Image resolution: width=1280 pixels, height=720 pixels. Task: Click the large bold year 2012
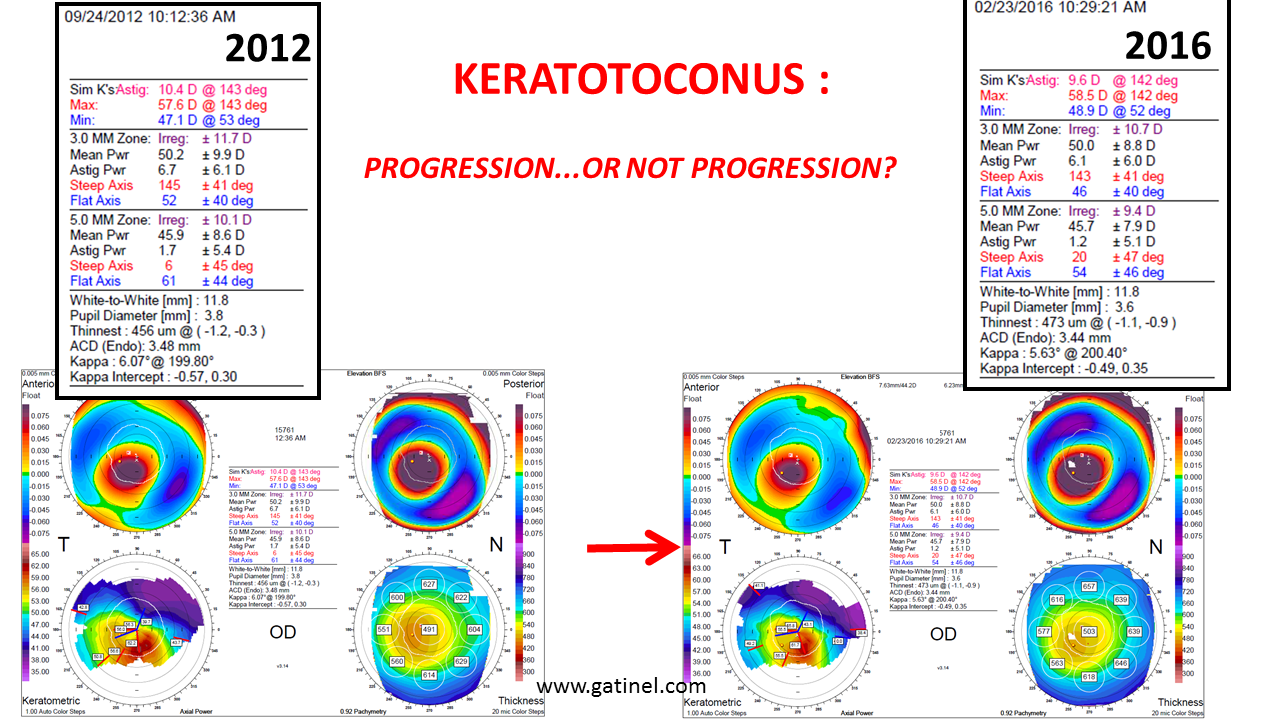click(267, 48)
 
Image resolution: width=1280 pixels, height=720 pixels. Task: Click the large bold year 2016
click(1167, 45)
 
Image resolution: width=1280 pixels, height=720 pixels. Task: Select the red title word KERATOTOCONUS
click(641, 80)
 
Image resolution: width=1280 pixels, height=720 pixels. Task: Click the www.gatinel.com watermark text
click(621, 686)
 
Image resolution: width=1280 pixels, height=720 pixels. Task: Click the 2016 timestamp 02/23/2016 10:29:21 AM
click(1060, 7)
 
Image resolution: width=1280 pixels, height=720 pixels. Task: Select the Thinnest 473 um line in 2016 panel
click(1079, 322)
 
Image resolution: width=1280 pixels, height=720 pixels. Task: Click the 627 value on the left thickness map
click(429, 584)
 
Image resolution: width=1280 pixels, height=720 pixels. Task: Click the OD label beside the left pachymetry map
click(283, 632)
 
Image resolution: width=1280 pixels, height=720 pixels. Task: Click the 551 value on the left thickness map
click(383, 630)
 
